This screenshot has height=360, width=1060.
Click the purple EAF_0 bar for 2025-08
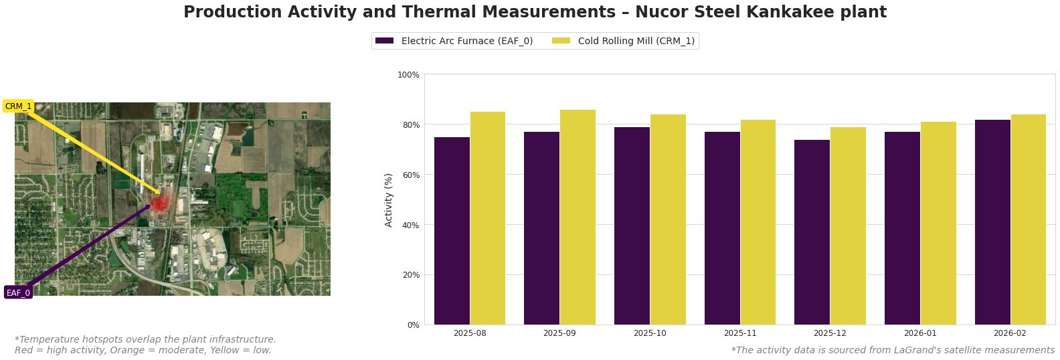[452, 231]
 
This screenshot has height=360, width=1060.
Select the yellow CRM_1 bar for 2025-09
[578, 217]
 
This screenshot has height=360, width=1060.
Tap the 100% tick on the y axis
[408, 75]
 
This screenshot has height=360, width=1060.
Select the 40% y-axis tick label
[410, 225]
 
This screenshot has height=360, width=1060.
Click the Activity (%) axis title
[389, 199]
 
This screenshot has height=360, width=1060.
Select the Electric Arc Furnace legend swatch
[384, 41]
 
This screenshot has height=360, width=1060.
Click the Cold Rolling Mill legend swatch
[561, 41]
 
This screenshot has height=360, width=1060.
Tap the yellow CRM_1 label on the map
[18, 106]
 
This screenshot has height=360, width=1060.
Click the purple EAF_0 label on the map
[18, 292]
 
